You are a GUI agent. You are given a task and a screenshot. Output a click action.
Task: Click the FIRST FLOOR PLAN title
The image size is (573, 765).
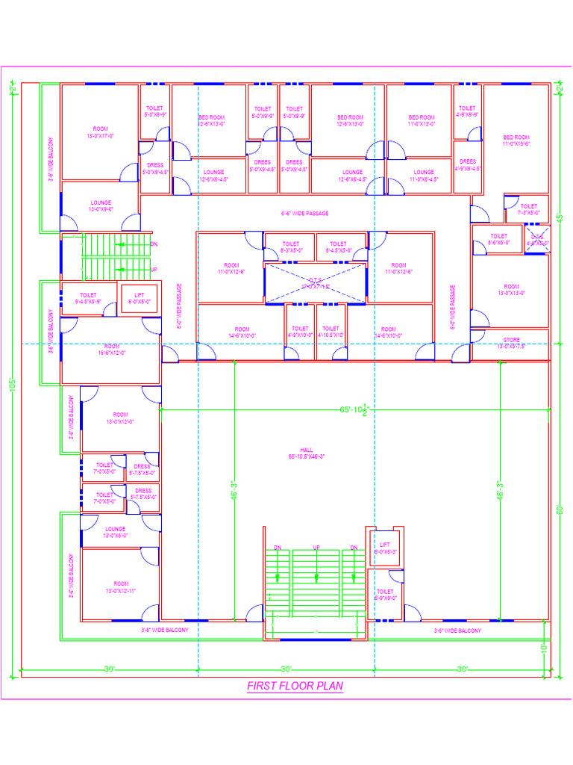[295, 686]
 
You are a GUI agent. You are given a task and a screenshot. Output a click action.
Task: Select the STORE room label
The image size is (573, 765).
[511, 343]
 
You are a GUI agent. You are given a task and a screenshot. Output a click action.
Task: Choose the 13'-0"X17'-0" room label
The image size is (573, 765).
[100, 132]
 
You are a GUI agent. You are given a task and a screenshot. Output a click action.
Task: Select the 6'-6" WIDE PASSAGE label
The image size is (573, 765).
[304, 214]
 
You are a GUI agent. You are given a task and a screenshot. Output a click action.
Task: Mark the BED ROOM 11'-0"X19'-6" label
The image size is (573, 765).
[516, 140]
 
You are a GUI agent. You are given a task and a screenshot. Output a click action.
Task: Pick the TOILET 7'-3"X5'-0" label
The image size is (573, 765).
[528, 209]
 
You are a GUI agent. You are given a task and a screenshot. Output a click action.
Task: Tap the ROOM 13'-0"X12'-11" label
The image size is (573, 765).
[120, 587]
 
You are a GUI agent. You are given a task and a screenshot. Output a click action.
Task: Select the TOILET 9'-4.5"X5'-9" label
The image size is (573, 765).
[88, 298]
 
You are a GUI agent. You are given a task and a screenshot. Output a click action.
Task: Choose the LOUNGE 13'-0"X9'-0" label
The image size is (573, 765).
[101, 205]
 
